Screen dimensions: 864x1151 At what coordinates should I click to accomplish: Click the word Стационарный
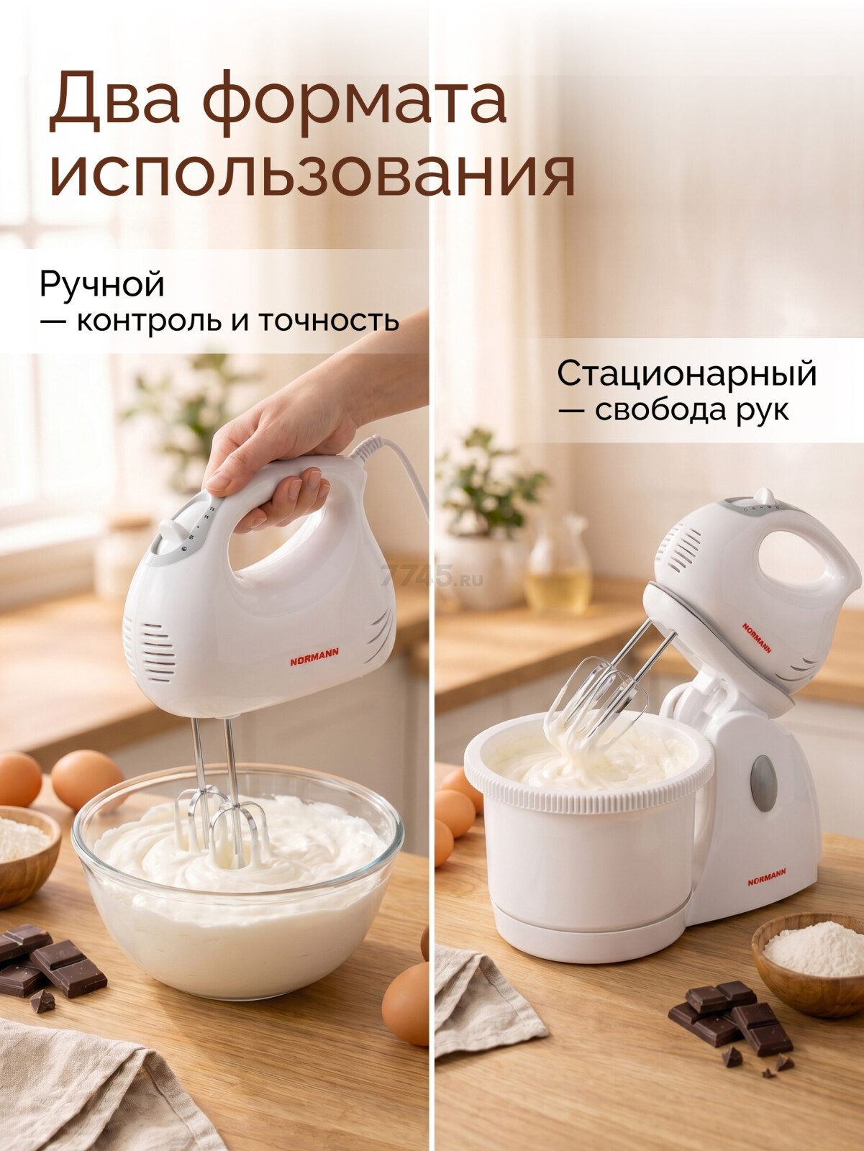tap(687, 374)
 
